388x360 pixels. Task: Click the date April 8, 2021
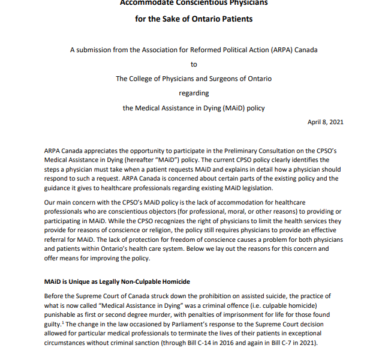326,122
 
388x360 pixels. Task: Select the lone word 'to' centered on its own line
194,64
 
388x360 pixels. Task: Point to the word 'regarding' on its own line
194,93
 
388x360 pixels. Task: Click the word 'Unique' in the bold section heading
81,281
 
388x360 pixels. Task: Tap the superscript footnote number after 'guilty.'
62,322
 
